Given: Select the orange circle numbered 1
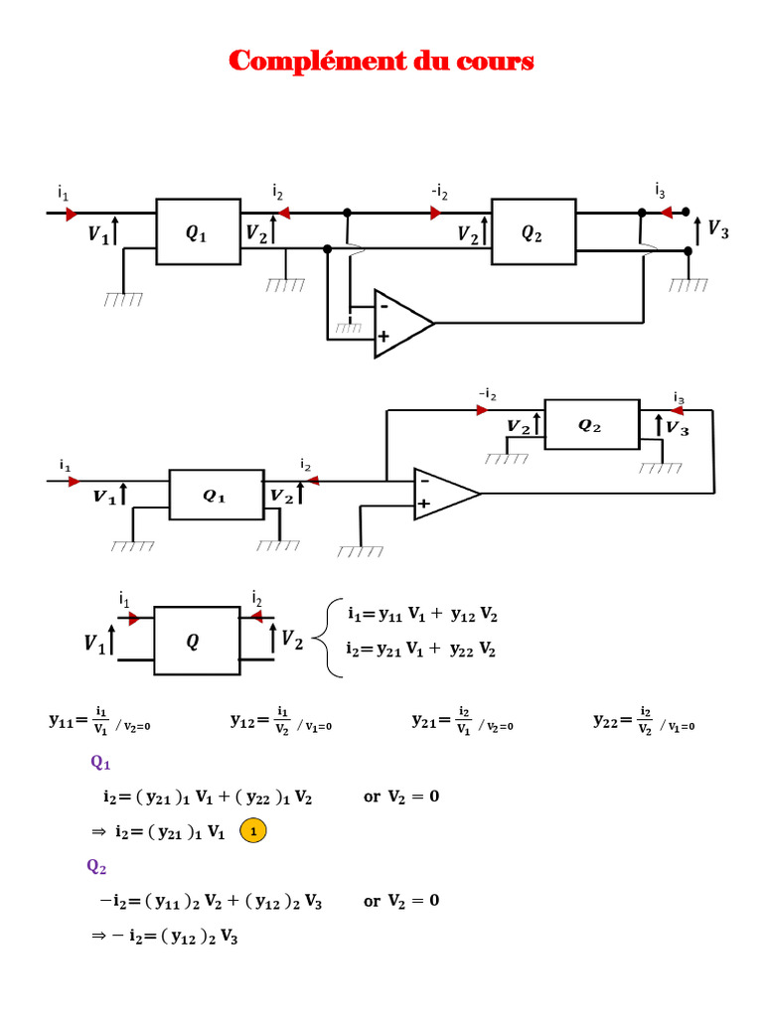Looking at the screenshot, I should (254, 830).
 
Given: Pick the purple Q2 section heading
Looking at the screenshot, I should (97, 866).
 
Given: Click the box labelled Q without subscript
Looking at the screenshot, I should (193, 643).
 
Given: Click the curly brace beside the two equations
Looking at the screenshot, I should (329, 640).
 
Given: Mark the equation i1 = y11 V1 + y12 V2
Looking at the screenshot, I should (422, 615).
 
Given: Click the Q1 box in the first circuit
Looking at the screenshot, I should (197, 232).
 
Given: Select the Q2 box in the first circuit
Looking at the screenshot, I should (533, 232).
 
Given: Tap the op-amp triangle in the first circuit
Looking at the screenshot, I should (401, 323).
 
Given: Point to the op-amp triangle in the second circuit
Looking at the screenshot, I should (444, 493).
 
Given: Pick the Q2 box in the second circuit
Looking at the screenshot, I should (590, 425).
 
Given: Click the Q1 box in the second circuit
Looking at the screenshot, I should (216, 495).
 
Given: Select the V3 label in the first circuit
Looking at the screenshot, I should (717, 230).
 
